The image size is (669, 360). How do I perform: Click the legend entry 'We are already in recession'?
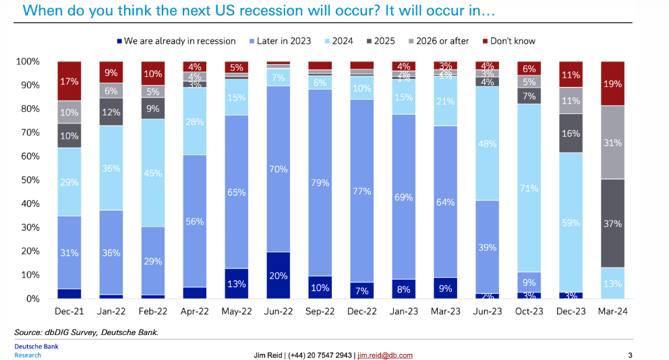click(x=179, y=41)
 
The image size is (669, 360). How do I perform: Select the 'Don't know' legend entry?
click(x=511, y=41)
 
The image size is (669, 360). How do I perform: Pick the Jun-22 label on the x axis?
click(x=278, y=311)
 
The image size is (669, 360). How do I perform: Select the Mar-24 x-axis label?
click(x=613, y=311)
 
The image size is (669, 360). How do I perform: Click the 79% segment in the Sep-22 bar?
click(x=320, y=182)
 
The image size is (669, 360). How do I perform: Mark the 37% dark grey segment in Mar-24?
click(x=613, y=223)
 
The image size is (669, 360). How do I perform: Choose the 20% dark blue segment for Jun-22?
click(x=278, y=275)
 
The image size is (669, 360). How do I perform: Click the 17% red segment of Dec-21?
click(x=69, y=81)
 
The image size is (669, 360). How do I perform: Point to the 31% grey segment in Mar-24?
click(x=613, y=142)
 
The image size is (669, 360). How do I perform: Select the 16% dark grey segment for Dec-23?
click(x=571, y=133)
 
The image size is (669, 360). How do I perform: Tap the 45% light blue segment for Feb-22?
click(x=152, y=173)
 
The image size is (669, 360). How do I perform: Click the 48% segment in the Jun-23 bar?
click(x=488, y=144)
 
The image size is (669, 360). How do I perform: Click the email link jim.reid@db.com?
click(x=384, y=355)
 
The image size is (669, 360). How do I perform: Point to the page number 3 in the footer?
click(x=630, y=355)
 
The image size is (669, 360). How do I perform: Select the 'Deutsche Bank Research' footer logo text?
click(x=34, y=351)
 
